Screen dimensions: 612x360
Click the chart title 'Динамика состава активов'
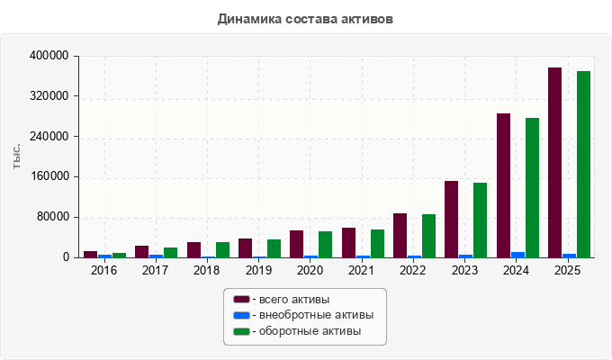(305, 19)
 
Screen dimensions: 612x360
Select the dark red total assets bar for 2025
(554, 162)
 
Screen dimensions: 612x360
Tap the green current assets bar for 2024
(532, 188)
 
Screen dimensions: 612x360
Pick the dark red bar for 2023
(451, 219)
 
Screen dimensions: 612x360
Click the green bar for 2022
(428, 236)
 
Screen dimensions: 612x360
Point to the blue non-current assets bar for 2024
(517, 255)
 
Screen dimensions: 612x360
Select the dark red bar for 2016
(90, 254)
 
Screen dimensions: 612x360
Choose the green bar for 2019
(274, 248)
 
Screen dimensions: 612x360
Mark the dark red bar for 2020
(297, 244)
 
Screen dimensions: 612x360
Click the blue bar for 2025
(569, 256)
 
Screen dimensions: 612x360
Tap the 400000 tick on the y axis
(49, 56)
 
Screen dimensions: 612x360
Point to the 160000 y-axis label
(49, 176)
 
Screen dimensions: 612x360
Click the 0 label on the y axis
(66, 257)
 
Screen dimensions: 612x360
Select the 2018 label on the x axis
(206, 270)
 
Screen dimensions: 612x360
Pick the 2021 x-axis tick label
(361, 270)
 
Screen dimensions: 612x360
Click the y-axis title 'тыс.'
(16, 157)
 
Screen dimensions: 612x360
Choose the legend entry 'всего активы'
(281, 300)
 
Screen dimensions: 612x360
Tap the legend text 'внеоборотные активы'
(316, 315)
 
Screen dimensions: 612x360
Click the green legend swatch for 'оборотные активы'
(241, 331)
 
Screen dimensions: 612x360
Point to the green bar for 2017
(171, 253)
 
